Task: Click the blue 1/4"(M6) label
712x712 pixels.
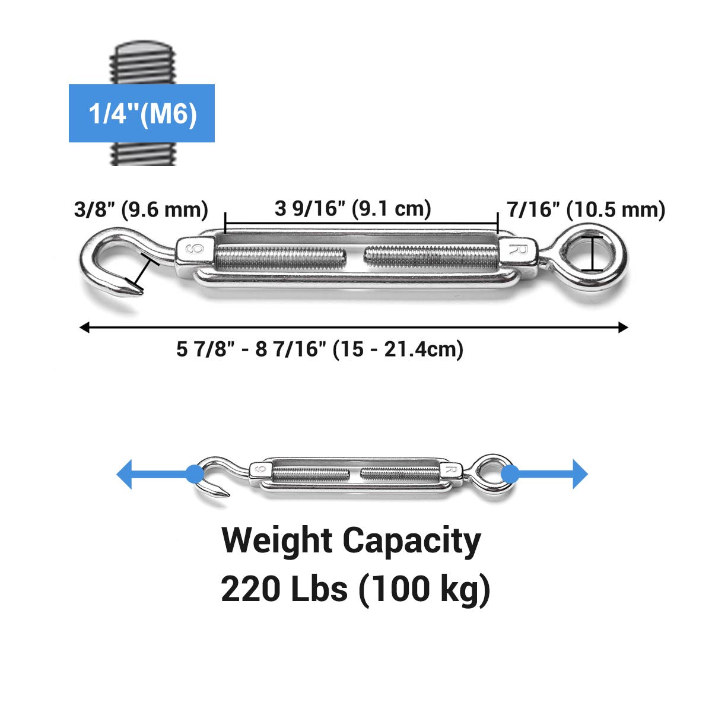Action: coord(142,113)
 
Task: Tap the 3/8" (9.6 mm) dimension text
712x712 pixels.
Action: coord(141,209)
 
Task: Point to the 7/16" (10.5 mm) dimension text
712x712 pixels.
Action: coord(586,209)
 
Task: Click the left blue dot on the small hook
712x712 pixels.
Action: coord(193,473)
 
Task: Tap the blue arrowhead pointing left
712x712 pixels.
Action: coord(125,474)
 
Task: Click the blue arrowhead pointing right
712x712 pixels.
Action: coord(580,474)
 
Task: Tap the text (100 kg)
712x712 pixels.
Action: coord(424,590)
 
